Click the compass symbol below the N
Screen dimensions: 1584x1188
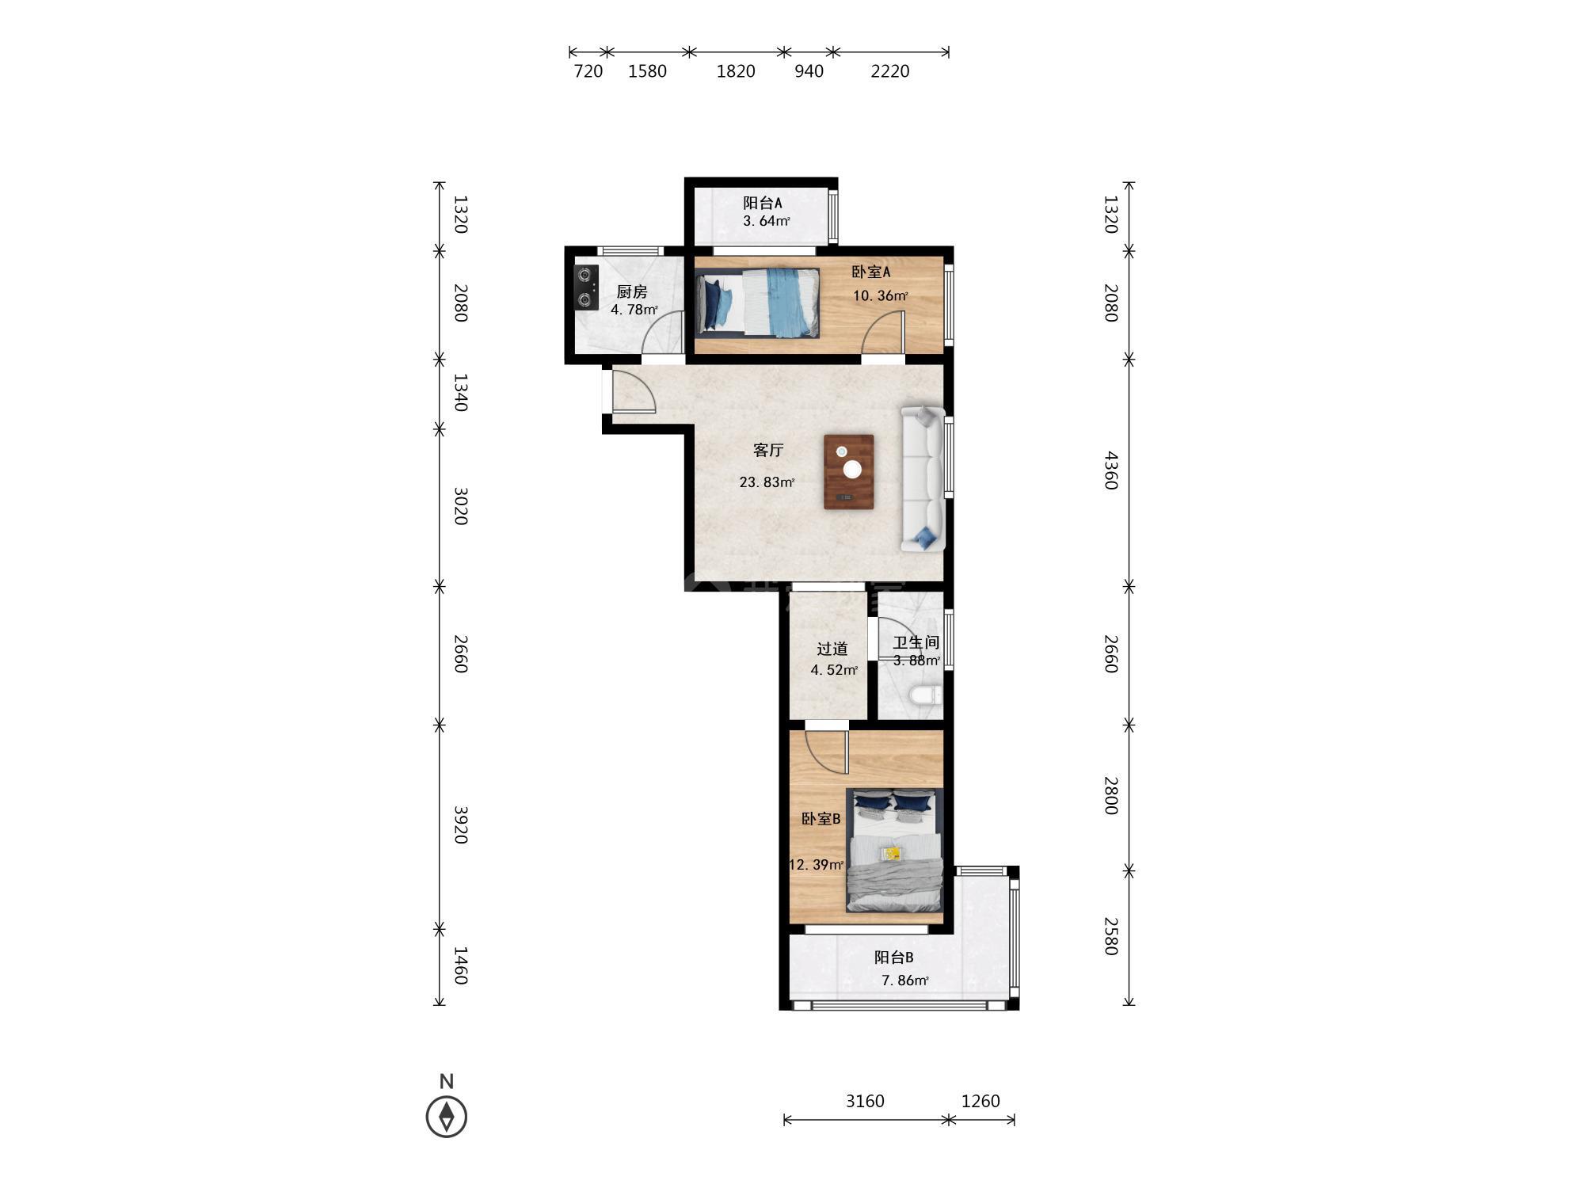pyautogui.click(x=446, y=1117)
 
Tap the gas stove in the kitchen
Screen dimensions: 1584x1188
pyautogui.click(x=586, y=287)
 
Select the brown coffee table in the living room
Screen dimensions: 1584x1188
pyautogui.click(x=848, y=471)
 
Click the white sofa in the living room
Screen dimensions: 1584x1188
pyautogui.click(x=923, y=478)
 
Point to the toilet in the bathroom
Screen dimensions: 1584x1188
pyautogui.click(x=926, y=696)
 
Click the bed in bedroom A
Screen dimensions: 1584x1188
pyautogui.click(x=757, y=302)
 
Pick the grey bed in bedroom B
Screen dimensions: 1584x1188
pyautogui.click(x=894, y=850)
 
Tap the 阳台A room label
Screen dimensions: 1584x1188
pyautogui.click(x=762, y=203)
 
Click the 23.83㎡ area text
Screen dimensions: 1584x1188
pyautogui.click(x=767, y=482)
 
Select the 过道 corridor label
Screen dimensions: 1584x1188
pyautogui.click(x=832, y=649)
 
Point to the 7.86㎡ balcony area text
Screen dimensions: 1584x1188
pyautogui.click(x=904, y=980)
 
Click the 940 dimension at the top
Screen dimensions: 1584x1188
pyautogui.click(x=809, y=71)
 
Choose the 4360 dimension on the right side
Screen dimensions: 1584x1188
pyautogui.click(x=1111, y=470)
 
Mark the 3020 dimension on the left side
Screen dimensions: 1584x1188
pyautogui.click(x=462, y=506)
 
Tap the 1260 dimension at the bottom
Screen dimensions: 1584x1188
pyautogui.click(x=980, y=1101)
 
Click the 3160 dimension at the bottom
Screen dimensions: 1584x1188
pyautogui.click(x=865, y=1101)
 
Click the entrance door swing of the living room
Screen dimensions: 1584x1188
pyautogui.click(x=634, y=392)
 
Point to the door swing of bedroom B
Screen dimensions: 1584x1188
pyautogui.click(x=827, y=752)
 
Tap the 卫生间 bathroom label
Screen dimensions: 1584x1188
pyautogui.click(x=916, y=643)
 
